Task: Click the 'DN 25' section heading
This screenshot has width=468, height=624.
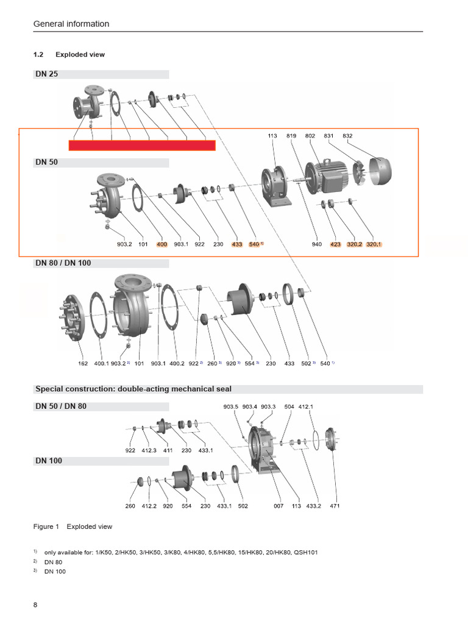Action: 46,74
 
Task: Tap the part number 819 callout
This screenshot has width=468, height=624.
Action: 291,136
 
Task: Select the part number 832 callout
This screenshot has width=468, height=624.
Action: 347,136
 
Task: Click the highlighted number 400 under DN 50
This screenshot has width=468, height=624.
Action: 161,244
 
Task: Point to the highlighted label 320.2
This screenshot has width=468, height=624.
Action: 354,244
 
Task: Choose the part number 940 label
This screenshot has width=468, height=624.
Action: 317,244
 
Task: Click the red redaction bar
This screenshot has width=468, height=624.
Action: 141,146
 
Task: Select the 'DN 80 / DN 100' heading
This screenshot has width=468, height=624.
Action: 63,263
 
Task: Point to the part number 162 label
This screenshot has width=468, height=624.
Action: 83,364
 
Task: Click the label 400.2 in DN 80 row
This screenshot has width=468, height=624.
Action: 177,364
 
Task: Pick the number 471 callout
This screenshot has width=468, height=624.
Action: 335,506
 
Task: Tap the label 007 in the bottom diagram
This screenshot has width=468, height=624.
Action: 278,506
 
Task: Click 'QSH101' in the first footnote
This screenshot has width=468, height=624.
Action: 305,552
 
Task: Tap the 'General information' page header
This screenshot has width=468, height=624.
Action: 71,24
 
